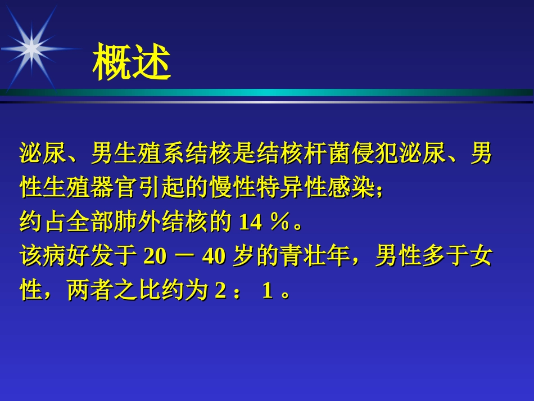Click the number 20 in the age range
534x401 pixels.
point(155,256)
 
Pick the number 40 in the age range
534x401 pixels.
point(213,256)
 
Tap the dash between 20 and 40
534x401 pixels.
point(184,256)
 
